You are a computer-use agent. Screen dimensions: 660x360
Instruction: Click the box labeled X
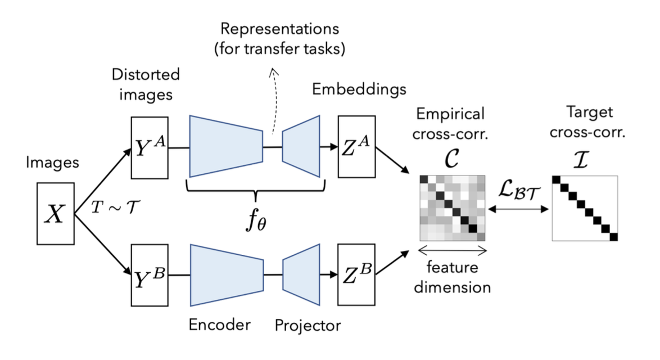(56, 214)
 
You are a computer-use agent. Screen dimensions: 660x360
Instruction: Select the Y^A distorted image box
(150, 148)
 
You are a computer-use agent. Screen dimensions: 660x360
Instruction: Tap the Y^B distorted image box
(150, 275)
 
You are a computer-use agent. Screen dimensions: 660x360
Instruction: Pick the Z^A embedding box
(356, 146)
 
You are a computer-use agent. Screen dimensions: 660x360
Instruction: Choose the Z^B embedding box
(356, 274)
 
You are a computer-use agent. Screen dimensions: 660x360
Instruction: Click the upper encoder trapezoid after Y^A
(227, 146)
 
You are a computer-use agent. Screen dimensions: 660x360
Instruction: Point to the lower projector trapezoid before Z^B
(301, 274)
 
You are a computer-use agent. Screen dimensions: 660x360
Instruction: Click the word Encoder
(219, 325)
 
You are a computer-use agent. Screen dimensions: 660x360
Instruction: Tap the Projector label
(308, 326)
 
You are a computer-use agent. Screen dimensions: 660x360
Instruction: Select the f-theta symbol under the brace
(256, 219)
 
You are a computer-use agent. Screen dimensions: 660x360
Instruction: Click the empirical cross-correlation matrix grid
(453, 208)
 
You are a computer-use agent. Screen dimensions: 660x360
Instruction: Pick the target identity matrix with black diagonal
(585, 209)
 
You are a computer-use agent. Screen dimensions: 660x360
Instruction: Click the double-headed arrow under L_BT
(518, 209)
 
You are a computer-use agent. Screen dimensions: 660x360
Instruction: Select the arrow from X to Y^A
(103, 181)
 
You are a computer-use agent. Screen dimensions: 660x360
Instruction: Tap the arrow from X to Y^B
(103, 245)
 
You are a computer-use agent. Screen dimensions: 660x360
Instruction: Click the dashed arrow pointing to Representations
(274, 101)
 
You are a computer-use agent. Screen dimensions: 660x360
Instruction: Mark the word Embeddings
(359, 89)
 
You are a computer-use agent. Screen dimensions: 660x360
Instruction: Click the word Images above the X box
(52, 163)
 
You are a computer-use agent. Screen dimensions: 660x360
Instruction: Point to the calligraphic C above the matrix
(451, 158)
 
